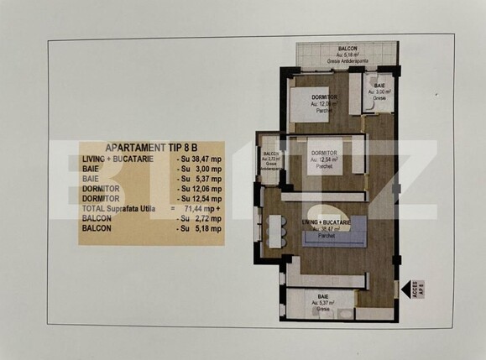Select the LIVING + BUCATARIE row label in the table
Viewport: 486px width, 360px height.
[x=117, y=159]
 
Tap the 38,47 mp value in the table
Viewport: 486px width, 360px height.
[x=200, y=159]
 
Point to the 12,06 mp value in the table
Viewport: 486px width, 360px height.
[x=200, y=189]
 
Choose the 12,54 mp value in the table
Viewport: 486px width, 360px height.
[x=200, y=199]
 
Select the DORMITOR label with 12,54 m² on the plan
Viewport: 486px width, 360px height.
[x=324, y=153]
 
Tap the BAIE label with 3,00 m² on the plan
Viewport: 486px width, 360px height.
[x=379, y=86]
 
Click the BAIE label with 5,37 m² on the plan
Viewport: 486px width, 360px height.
[x=323, y=298]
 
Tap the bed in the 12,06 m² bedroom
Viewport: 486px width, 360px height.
[x=309, y=107]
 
